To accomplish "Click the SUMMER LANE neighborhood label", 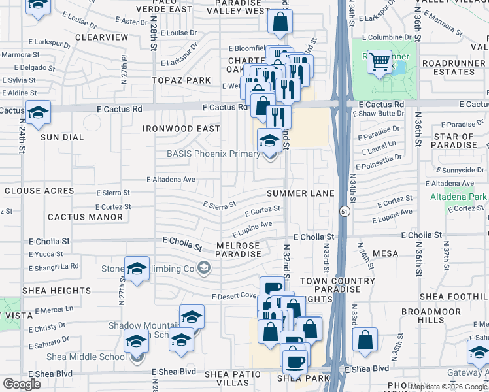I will point(300,193).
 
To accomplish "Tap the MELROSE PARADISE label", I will point(238,250).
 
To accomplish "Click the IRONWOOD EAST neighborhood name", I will point(182,129).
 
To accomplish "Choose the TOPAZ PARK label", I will point(182,80).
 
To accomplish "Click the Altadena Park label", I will point(459,197).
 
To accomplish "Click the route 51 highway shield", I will point(343,211).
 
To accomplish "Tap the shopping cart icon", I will point(379,62).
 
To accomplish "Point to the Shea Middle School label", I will point(87,357).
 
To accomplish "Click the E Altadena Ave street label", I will point(171,178).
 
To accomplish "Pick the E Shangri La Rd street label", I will point(54,266).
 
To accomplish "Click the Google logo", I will point(22,384).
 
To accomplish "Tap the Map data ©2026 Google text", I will point(448,387).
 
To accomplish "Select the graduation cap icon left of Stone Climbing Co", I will point(137,269).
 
